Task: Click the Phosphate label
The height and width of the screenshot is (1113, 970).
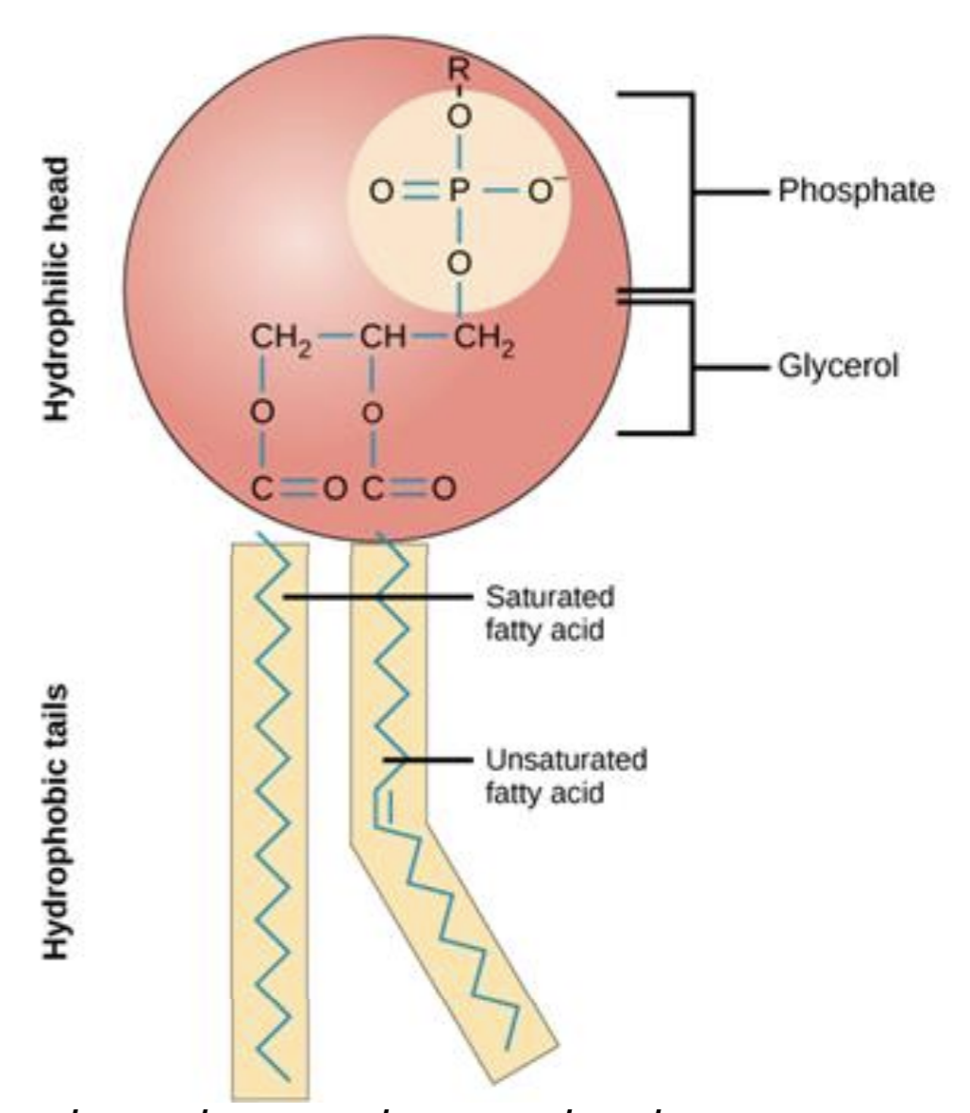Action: [856, 191]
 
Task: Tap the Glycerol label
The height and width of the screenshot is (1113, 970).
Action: [837, 367]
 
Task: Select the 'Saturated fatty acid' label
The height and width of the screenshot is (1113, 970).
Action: [549, 612]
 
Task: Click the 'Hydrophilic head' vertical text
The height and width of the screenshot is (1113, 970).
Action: [59, 289]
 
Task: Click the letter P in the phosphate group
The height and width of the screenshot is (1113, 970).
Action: [458, 192]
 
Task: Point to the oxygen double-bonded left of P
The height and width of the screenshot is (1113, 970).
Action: [379, 192]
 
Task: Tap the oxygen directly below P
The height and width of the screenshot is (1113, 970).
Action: [459, 262]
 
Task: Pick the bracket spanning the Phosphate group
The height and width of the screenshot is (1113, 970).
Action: [692, 191]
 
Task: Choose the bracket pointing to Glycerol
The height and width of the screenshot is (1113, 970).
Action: [692, 368]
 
